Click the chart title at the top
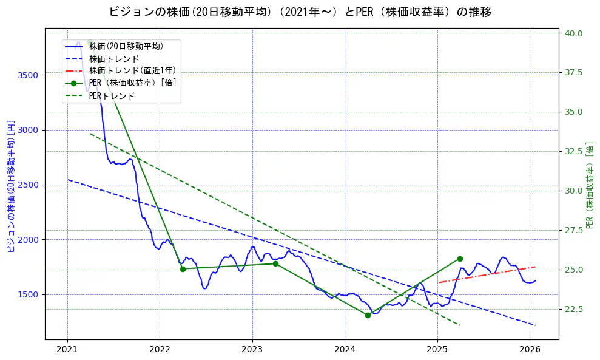point(300,12)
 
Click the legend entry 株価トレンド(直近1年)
point(132,70)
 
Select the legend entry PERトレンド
point(112,95)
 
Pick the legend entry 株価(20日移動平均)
point(126,46)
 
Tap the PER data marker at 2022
point(183,268)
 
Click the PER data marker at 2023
point(275,263)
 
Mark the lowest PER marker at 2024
point(368,315)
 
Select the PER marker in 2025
point(460,259)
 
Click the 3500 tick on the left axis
point(29,75)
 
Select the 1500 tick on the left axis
point(29,294)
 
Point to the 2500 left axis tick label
point(29,185)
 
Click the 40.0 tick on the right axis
point(573,33)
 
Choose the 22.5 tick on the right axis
point(573,309)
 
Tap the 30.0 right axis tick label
point(573,191)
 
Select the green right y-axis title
point(590,185)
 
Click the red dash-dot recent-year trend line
point(485,275)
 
